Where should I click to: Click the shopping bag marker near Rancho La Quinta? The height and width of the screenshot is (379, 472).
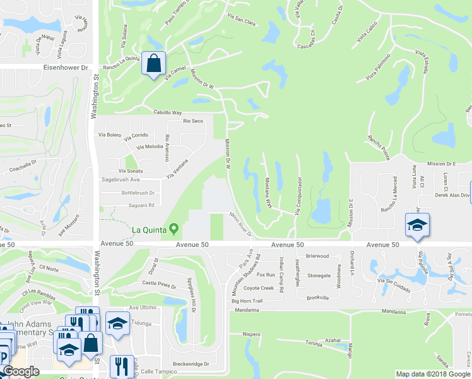153,63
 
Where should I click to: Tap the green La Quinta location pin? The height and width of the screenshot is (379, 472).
179,229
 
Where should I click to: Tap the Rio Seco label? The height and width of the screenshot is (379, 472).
192,121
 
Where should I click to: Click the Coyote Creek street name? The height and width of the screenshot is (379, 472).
259,288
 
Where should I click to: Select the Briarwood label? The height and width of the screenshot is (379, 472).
317,256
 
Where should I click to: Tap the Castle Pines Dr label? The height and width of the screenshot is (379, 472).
158,286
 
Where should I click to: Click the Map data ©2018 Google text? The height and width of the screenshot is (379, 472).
432,374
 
